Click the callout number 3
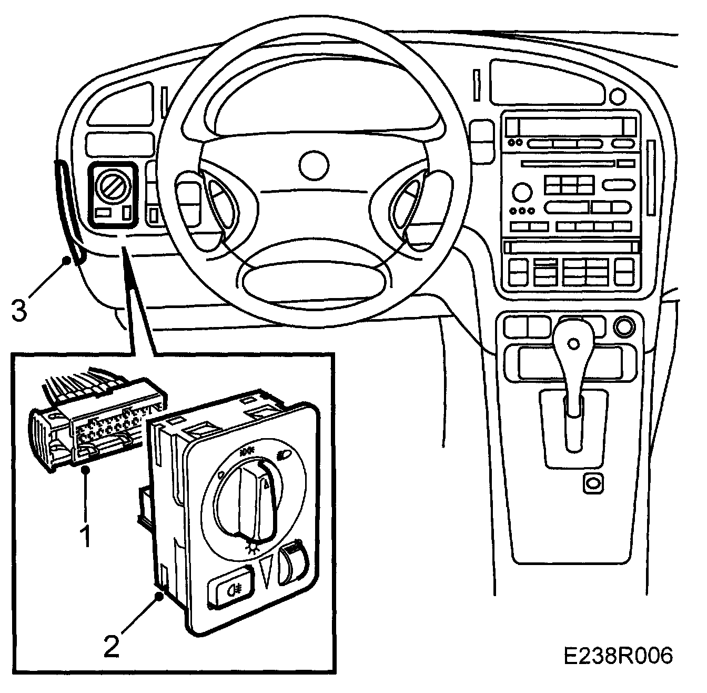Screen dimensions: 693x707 [19, 310]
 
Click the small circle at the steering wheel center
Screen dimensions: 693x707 [312, 164]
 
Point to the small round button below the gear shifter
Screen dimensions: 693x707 [593, 482]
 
